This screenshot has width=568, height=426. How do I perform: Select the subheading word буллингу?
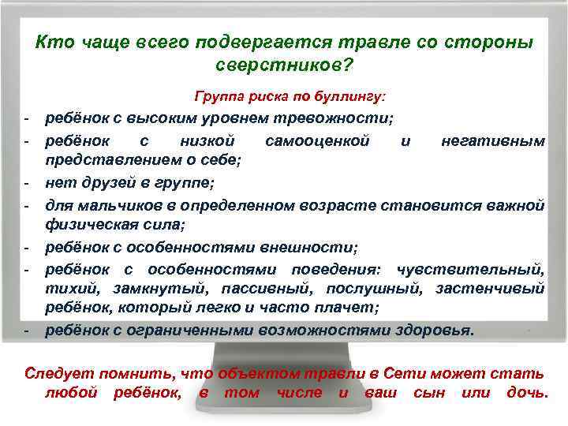(352, 98)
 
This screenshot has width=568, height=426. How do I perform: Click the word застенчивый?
(495, 289)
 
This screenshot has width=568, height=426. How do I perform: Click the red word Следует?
(56, 372)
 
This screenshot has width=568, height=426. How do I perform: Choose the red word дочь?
(525, 391)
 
